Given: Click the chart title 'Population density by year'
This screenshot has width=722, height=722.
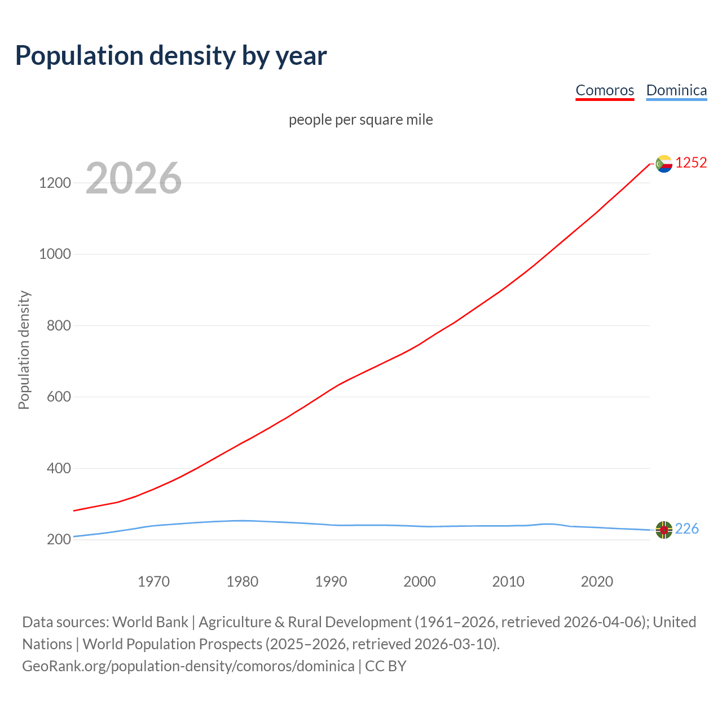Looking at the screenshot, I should [x=171, y=55].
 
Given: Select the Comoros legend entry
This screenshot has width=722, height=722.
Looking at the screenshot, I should [x=605, y=90].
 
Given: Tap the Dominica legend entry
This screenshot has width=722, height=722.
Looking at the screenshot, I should [x=676, y=90].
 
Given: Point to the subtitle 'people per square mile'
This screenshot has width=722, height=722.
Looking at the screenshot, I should [x=361, y=120].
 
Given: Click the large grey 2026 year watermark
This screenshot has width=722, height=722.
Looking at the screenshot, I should [x=134, y=178].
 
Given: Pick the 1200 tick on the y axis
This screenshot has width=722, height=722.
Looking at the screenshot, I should [x=55, y=183].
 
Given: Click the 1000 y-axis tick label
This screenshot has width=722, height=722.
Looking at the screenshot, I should [x=55, y=254].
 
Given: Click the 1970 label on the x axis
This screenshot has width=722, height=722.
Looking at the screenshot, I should [x=154, y=582].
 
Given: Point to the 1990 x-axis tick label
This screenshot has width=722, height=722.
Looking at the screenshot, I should [x=331, y=582].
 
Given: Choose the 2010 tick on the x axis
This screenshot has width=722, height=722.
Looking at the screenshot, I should [x=508, y=582].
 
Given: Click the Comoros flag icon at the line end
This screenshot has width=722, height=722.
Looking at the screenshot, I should [x=664, y=164].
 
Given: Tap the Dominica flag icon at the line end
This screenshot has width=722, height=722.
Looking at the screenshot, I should [x=664, y=530].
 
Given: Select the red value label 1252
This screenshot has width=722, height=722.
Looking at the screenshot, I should [x=691, y=163].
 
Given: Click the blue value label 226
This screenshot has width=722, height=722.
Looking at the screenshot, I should [x=686, y=529].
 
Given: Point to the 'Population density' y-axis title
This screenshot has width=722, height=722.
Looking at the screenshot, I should [x=24, y=350].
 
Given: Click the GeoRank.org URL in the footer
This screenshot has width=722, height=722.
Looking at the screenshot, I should [x=188, y=666].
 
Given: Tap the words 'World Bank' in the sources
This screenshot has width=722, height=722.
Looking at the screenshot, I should [x=150, y=622].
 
